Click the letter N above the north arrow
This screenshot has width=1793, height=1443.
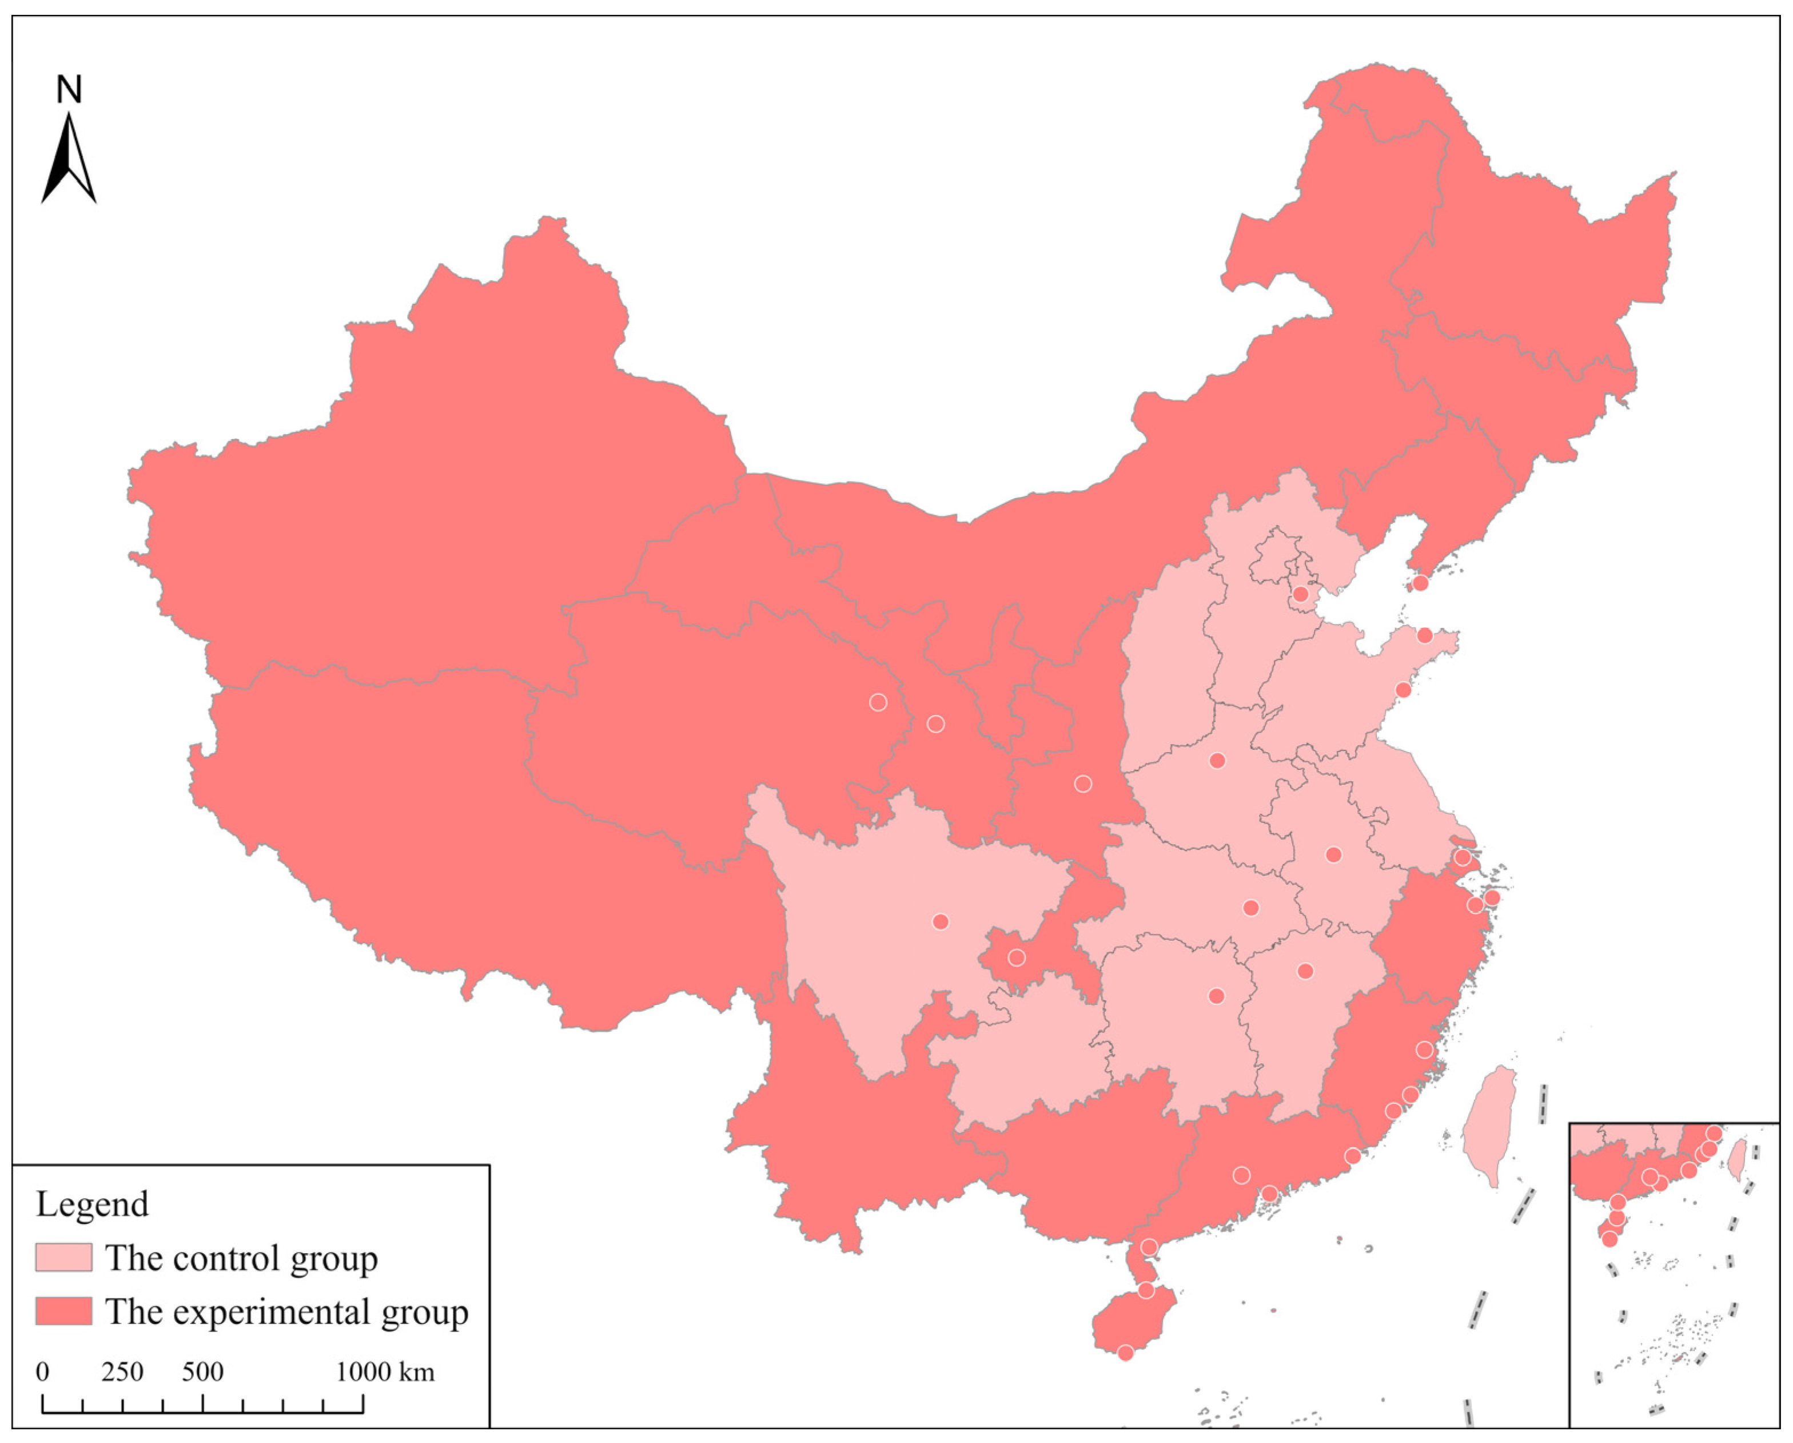(69, 90)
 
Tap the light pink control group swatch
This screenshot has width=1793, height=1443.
(63, 1258)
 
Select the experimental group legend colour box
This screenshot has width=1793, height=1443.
(63, 1311)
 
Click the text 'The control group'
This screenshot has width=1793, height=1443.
(241, 1258)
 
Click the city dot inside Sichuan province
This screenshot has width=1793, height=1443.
(941, 921)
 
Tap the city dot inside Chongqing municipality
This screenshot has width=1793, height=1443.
(1016, 958)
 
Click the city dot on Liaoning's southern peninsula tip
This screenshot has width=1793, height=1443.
(1420, 583)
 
